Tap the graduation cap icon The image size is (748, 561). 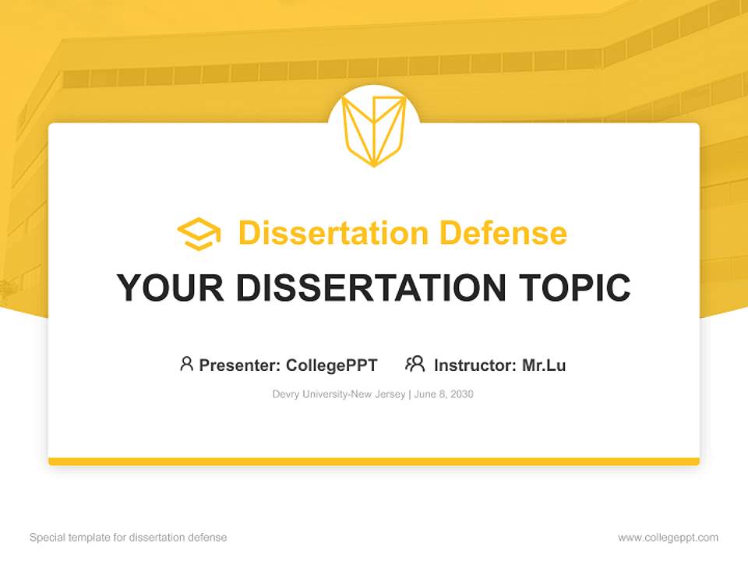[199, 234]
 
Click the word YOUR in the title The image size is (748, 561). [171, 288]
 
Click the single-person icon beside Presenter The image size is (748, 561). [186, 364]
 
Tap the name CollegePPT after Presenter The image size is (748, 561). [332, 365]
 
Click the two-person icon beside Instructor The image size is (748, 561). [415, 364]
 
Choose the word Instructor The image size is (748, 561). [475, 365]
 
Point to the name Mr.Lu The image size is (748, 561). [544, 365]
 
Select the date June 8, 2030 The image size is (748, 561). [444, 394]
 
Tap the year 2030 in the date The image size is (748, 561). [461, 394]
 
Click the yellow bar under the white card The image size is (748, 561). [374, 461]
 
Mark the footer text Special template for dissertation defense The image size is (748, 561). [129, 538]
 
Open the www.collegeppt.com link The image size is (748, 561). [668, 538]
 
